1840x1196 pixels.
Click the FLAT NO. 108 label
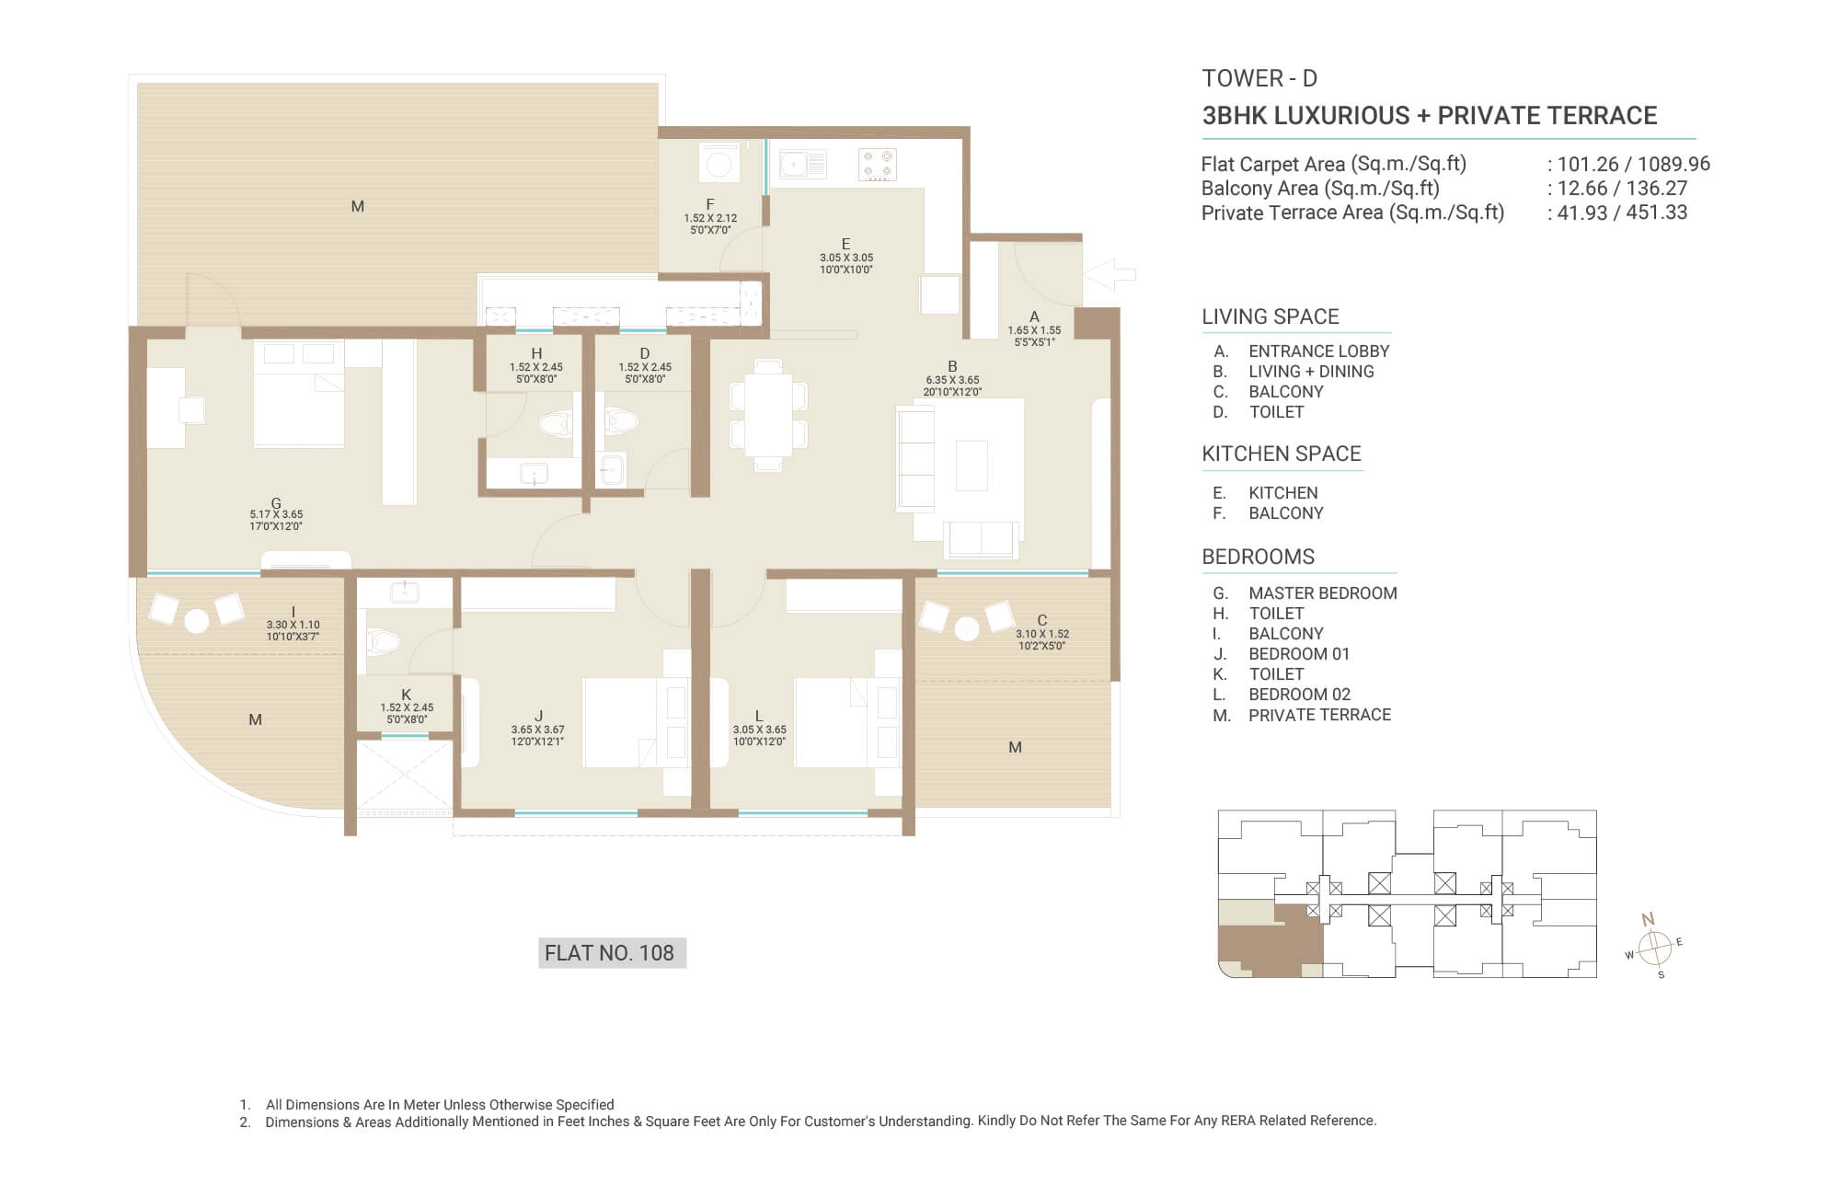click(610, 953)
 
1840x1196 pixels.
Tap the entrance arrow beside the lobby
click(1110, 274)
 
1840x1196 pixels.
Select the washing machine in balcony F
click(719, 163)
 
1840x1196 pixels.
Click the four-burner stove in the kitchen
click(877, 165)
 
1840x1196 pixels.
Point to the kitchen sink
click(802, 165)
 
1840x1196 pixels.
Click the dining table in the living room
click(768, 415)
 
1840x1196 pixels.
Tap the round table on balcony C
click(966, 629)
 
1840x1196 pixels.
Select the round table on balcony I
click(196, 621)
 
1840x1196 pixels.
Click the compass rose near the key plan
click(1654, 946)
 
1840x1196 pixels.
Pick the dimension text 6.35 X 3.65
click(952, 379)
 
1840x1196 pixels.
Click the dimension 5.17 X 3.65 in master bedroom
click(276, 514)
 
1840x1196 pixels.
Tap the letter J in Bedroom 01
click(538, 716)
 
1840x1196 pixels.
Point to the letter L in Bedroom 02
click(759, 716)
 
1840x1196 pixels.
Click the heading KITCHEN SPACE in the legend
click(1282, 454)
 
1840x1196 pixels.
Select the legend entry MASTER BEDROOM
click(1323, 593)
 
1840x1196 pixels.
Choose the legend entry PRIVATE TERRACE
click(1319, 715)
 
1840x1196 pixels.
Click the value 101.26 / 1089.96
click(1634, 164)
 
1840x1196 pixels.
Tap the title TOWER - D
click(1259, 78)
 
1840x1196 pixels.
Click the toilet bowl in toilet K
click(383, 640)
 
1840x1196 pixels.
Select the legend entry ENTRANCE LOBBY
click(1319, 351)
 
